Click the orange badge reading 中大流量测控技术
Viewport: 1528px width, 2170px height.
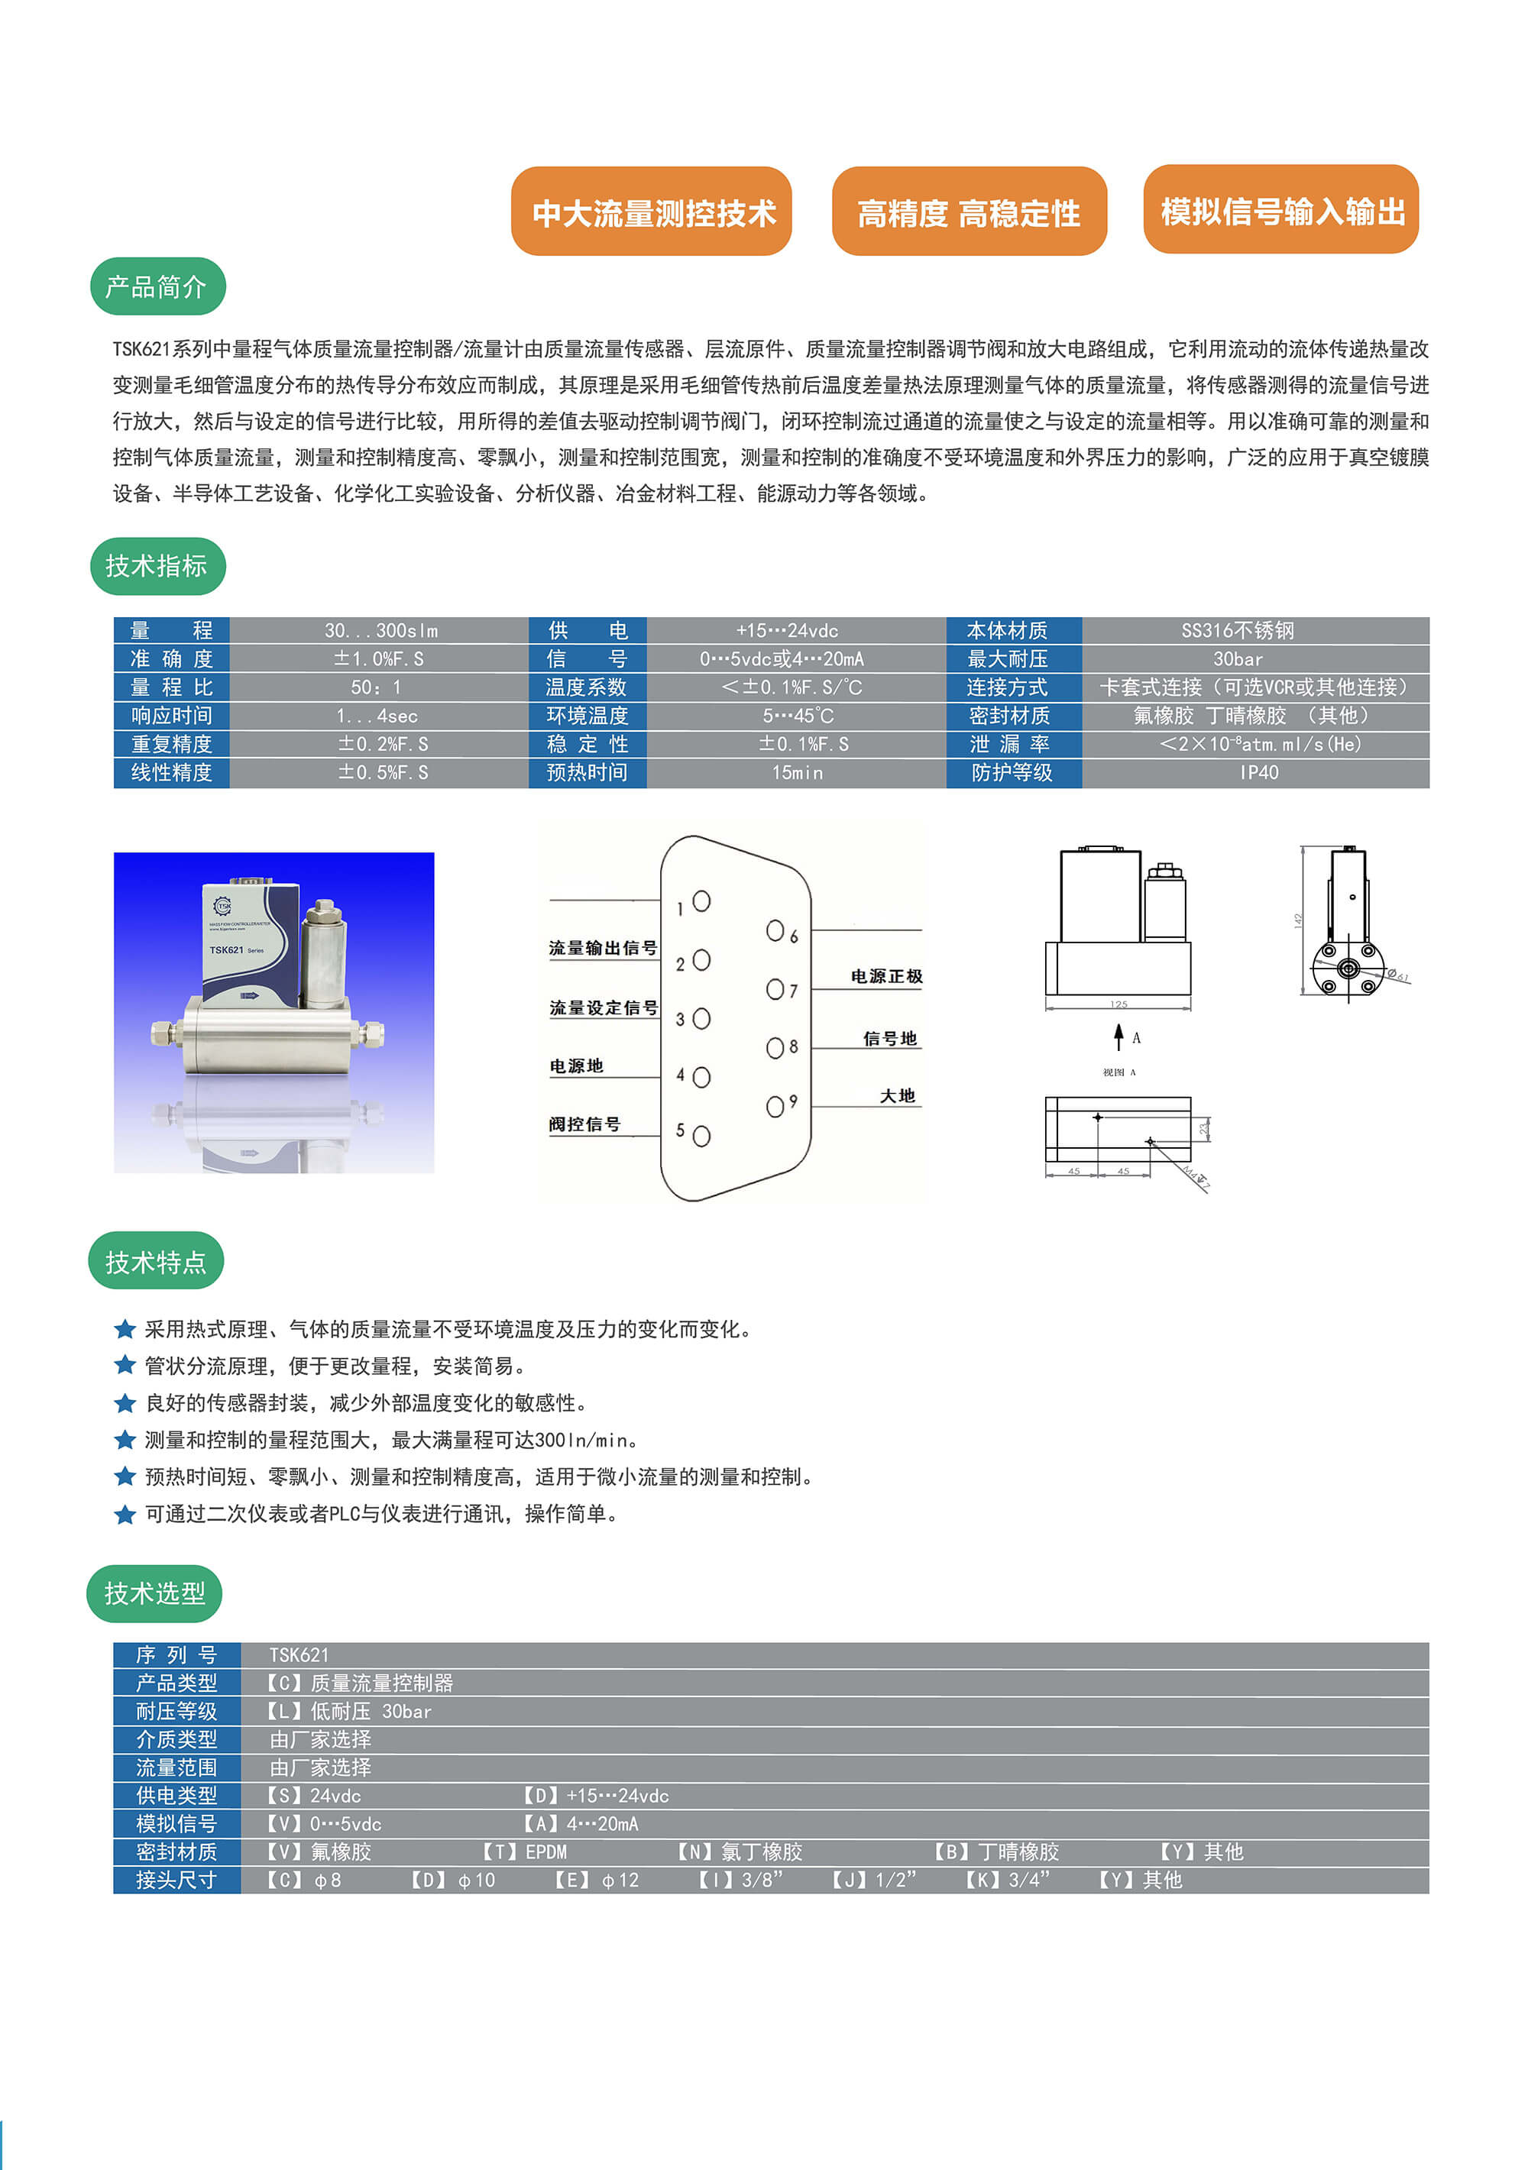(652, 212)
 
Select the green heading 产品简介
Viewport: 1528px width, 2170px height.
(157, 286)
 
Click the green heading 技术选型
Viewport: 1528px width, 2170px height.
(154, 1593)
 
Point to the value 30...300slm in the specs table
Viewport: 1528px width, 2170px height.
(380, 630)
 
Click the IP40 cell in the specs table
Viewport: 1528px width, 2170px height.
(1258, 772)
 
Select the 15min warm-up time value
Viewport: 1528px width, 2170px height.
(796, 772)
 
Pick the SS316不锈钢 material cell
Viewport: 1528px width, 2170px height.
(1237, 630)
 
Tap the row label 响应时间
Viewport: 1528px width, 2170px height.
(171, 716)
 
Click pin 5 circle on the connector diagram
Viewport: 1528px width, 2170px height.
(701, 1135)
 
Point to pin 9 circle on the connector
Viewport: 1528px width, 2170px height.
(775, 1106)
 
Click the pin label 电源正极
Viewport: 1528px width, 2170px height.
(886, 976)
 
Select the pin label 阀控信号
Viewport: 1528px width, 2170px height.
(584, 1124)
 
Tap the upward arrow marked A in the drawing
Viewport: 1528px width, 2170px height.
(1118, 1036)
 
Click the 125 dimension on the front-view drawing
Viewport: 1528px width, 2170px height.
(1118, 1004)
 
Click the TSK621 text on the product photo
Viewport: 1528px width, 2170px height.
(227, 950)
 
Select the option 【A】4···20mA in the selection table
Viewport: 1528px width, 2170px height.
(581, 1823)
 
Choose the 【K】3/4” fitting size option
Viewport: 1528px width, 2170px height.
(1007, 1880)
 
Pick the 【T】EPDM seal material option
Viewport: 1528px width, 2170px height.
(524, 1851)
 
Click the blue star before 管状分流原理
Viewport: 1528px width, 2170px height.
(125, 1366)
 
